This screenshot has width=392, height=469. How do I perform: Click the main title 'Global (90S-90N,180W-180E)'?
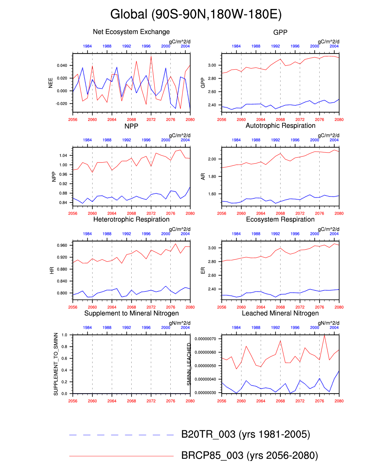point(196,14)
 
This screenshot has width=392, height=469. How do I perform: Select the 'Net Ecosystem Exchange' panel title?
point(131,32)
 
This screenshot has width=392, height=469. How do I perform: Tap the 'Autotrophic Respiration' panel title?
point(280,126)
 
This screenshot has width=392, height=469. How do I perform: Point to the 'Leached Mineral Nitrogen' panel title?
point(280,313)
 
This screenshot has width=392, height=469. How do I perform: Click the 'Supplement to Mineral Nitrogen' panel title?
point(131,313)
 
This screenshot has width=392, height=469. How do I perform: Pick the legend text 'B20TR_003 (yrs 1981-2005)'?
point(246,434)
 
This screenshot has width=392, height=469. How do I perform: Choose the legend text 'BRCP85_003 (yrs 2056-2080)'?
point(249,455)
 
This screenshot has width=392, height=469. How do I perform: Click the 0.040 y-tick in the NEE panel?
point(62,66)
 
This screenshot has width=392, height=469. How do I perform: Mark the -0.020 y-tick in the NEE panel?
point(61,104)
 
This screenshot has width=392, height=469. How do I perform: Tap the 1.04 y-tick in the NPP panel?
point(63,155)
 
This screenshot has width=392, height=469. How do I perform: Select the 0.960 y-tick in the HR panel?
point(62,245)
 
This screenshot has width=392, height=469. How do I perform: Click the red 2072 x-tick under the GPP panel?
point(300,120)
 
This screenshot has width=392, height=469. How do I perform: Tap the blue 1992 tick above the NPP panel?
point(127,140)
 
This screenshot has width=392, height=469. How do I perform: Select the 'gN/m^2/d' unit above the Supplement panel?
point(180,323)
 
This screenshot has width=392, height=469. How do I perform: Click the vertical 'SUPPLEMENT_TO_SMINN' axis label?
point(56,364)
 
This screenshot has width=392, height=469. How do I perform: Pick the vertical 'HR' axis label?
point(52,270)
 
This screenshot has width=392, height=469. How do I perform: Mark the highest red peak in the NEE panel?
point(151,57)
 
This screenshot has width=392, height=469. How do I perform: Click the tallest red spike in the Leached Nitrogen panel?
point(324,335)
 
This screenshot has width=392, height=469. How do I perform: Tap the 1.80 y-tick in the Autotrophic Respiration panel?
point(212,177)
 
